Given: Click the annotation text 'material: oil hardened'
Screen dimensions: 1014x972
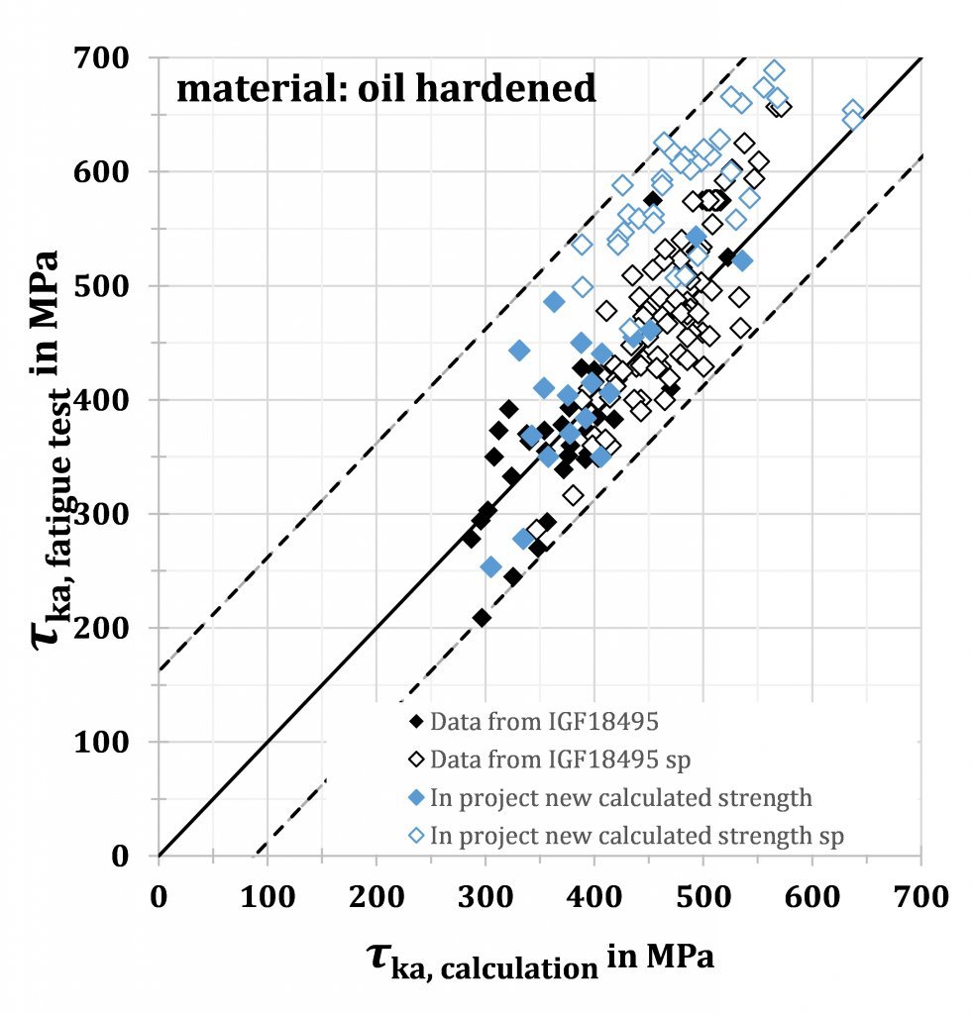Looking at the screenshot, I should pos(386,89).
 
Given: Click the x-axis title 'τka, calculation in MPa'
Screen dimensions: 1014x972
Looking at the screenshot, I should pos(540,960).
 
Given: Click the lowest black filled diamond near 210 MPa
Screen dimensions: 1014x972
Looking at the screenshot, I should pos(482,618).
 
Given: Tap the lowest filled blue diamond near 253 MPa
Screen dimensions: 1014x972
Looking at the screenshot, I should pos(490,566).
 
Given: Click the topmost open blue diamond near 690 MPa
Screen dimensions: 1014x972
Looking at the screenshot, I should pos(774,70).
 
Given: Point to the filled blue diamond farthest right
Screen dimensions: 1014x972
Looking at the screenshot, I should pos(741,260).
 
